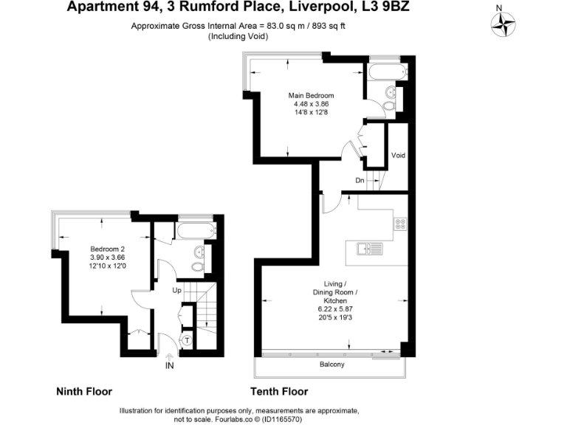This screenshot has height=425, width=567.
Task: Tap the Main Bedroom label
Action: pos(311,96)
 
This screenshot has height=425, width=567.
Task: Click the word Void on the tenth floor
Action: pos(398,156)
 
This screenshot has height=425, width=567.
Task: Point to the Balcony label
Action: pos(331,365)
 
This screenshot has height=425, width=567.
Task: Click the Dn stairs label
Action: pos(360,180)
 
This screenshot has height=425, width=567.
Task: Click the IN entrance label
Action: pos(170,365)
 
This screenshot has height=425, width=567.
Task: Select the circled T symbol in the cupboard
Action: pos(188,340)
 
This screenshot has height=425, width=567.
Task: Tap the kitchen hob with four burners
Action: pos(401,223)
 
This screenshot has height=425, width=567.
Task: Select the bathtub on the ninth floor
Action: pos(193,232)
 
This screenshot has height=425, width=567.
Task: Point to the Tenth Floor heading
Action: pos(279,392)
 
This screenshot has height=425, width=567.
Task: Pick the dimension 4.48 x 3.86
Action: pos(311,104)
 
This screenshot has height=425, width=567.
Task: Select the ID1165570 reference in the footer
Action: pos(279,419)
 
